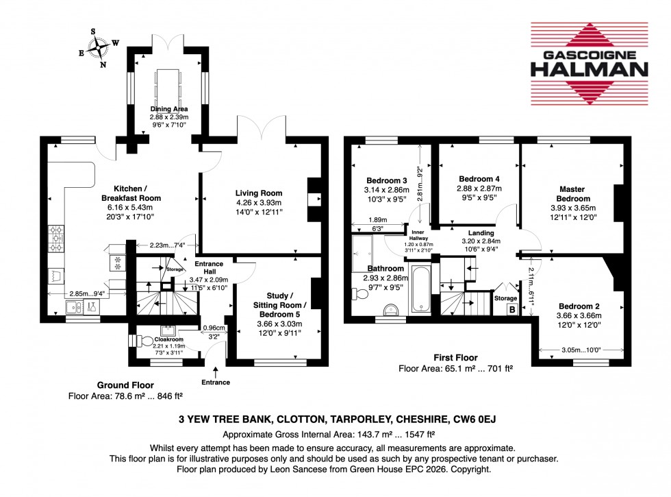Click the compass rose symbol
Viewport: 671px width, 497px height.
[101, 48]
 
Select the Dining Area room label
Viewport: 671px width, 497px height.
[170, 109]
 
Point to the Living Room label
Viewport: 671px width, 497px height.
[259, 193]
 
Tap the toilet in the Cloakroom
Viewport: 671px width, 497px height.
[145, 341]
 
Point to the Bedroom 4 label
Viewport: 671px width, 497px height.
[478, 179]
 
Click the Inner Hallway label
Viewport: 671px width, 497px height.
[416, 234]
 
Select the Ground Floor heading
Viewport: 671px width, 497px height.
[125, 385]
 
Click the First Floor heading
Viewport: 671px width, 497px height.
[455, 357]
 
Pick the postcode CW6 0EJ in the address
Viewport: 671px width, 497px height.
[471, 420]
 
